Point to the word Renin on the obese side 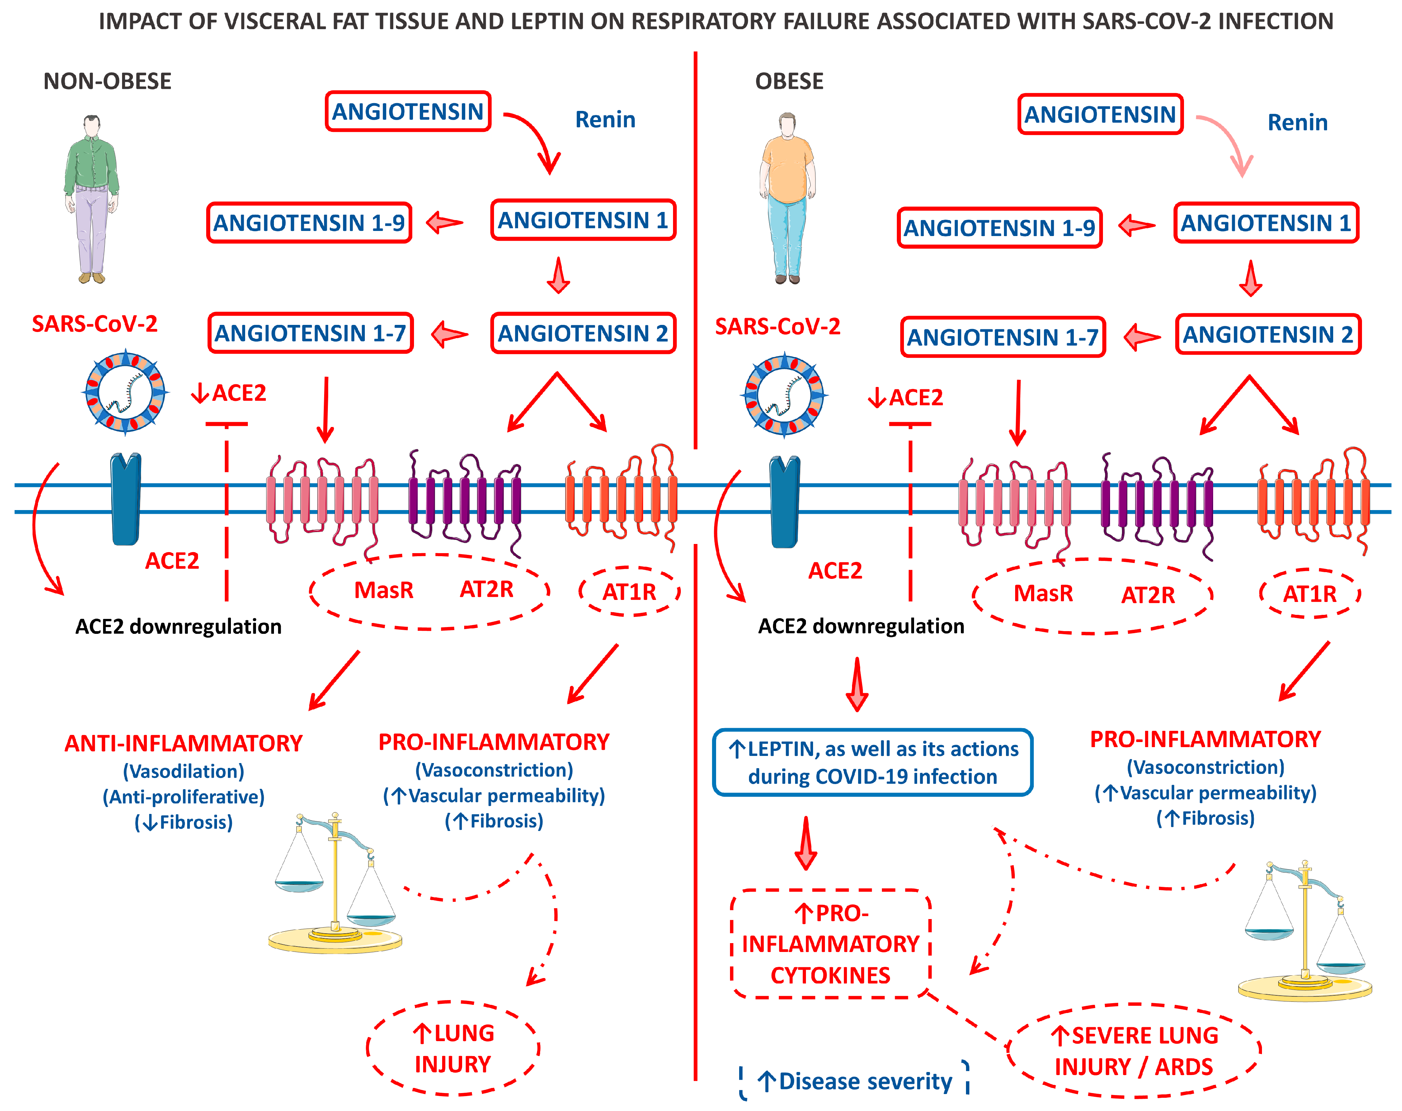[x=1297, y=122]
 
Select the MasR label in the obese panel [x=1043, y=593]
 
